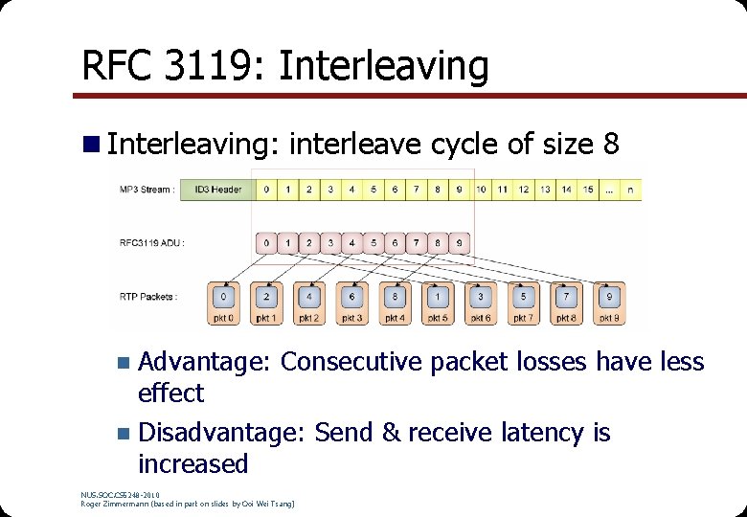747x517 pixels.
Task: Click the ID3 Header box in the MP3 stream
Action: click(217, 190)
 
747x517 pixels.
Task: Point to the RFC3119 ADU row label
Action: click(151, 242)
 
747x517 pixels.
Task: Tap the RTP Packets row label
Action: click(148, 297)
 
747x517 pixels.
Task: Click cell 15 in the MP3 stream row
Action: click(588, 190)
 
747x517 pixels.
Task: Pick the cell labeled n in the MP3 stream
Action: click(629, 190)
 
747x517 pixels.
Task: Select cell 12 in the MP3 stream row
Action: click(524, 190)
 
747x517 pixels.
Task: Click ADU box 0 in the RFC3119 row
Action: click(266, 243)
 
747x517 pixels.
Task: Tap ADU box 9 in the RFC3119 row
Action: click(459, 243)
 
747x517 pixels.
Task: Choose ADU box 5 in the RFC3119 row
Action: click(373, 243)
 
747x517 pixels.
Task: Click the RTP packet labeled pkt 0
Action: click(223, 303)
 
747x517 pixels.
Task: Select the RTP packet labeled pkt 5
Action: click(438, 303)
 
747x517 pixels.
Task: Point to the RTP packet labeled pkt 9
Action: click(609, 303)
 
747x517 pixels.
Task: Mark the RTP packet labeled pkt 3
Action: click(351, 303)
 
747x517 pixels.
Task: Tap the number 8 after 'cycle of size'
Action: click(611, 145)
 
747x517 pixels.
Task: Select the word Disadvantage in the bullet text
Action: click(220, 433)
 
